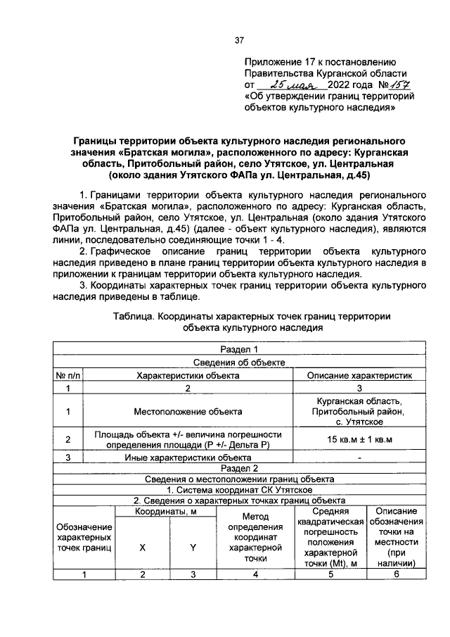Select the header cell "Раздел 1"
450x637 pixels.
click(x=240, y=349)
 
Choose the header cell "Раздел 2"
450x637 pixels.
click(x=240, y=467)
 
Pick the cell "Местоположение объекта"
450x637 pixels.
click(x=188, y=410)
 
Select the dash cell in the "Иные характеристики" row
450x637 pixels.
click(x=359, y=457)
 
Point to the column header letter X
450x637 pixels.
click(x=142, y=547)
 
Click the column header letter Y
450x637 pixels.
click(x=192, y=547)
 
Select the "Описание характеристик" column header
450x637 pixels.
click(x=359, y=375)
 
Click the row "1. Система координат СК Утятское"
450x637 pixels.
click(x=240, y=489)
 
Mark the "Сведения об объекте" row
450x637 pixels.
click(x=240, y=362)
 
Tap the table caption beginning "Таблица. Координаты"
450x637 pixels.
click(x=252, y=322)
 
